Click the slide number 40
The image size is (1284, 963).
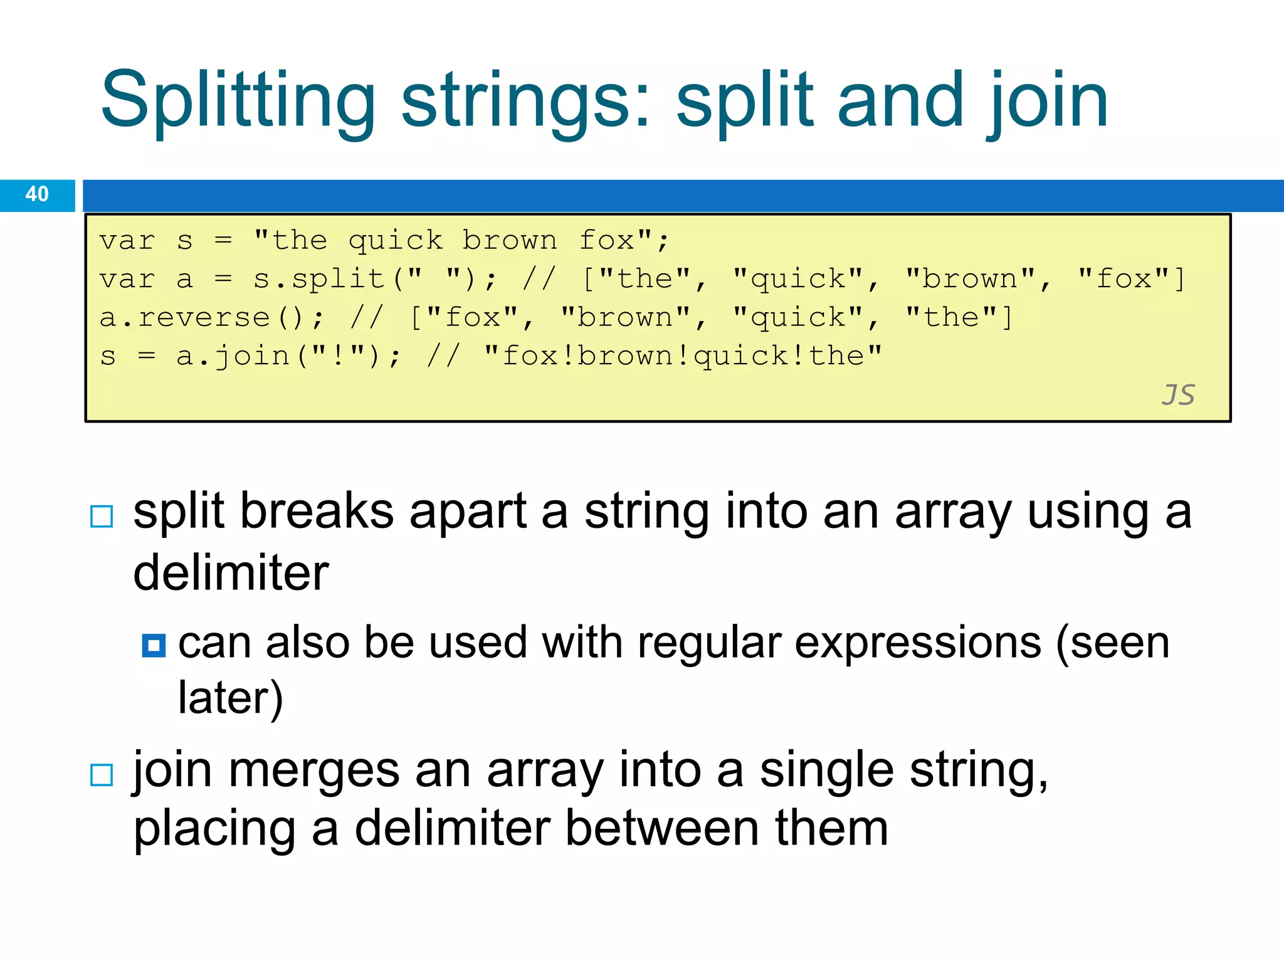[x=37, y=194]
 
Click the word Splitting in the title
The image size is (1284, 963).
[x=238, y=101]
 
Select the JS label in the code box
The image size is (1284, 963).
[x=1177, y=395]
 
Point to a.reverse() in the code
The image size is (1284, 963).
[x=211, y=318]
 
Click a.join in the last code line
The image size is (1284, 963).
[x=233, y=356]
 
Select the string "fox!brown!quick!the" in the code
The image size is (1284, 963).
[x=683, y=356]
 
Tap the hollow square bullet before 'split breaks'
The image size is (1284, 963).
[x=102, y=516]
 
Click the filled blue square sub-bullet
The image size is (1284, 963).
[x=154, y=646]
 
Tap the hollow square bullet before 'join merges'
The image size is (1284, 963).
[x=102, y=775]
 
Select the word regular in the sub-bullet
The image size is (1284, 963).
[x=709, y=643]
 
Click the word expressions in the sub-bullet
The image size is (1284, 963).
[x=918, y=643]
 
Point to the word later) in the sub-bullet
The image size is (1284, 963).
[x=230, y=698]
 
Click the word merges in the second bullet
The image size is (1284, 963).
[x=313, y=771]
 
